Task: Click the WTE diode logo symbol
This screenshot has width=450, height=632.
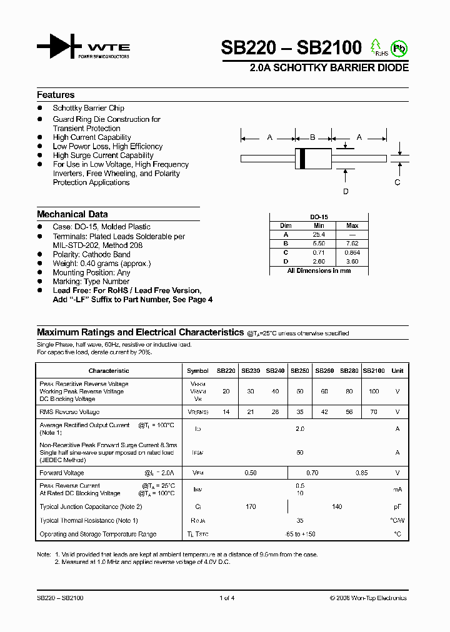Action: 59,47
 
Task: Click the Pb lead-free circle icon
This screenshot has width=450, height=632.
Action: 398,47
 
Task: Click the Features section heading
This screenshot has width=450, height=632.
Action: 56,95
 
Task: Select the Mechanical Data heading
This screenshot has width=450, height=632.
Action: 72,214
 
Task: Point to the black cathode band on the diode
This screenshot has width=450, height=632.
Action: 303,158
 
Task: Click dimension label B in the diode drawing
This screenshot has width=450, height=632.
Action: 312,137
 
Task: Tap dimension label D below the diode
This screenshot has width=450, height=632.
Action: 345,192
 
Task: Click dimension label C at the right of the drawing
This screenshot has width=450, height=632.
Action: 397,182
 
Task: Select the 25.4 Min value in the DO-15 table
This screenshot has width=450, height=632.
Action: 319,234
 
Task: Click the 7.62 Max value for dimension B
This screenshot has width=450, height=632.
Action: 352,243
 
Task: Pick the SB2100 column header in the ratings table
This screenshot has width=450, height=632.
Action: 374,370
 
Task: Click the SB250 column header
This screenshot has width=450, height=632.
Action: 299,370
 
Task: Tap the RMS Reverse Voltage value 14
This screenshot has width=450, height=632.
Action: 226,412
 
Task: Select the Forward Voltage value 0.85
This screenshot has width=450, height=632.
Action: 361,473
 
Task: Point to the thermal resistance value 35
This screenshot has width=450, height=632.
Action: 300,520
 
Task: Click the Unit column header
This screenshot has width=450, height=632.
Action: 397,370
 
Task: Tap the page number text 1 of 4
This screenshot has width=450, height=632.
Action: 227,598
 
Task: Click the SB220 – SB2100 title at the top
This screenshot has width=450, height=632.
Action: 291,47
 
